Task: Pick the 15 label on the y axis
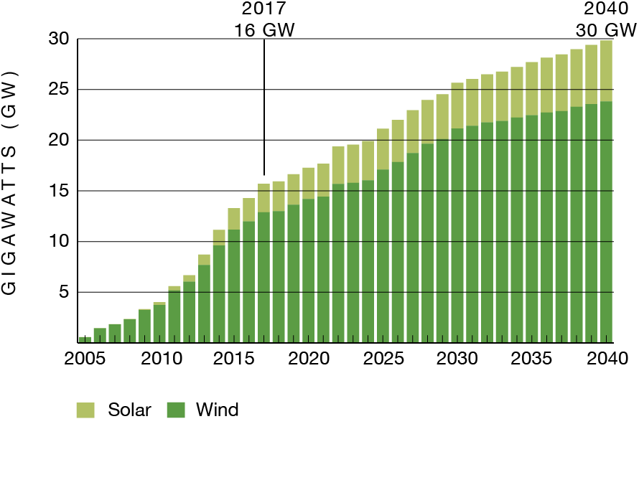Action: coord(59,191)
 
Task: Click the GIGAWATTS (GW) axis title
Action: coord(10,184)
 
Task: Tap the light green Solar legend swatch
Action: coord(85,410)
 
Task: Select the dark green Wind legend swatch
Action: coord(176,410)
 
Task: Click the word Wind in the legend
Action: coord(217,410)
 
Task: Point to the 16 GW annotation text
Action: coord(264,31)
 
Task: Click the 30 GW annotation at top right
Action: coord(606,31)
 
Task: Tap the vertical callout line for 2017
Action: coord(264,108)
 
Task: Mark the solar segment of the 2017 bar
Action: coord(264,198)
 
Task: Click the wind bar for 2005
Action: coord(85,339)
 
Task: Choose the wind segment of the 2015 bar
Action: coord(234,287)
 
